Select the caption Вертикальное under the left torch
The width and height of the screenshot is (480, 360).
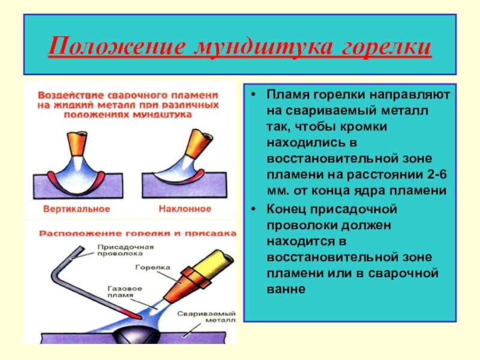tap(76, 209)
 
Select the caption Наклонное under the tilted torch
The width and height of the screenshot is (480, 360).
tap(185, 209)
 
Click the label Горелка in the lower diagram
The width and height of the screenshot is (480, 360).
tap(154, 268)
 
